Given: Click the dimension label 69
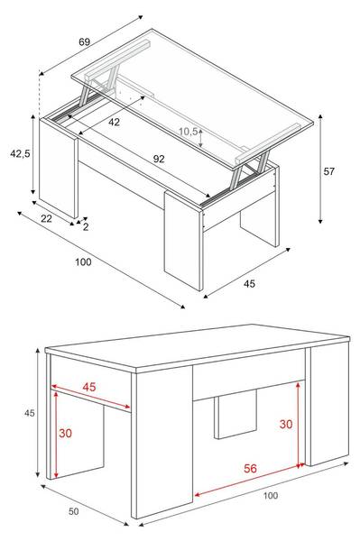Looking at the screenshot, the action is (x=84, y=41).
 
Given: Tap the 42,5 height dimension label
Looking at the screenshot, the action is (x=20, y=153).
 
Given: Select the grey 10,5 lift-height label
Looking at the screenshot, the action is (x=188, y=131).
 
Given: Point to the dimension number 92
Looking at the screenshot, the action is (x=159, y=159).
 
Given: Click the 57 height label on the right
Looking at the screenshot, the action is (x=329, y=171).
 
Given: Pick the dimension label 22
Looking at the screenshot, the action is (x=46, y=218).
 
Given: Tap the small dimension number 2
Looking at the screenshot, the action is (x=86, y=226).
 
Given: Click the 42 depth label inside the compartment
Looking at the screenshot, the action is (x=114, y=122).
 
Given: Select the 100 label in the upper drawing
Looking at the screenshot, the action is (x=84, y=261).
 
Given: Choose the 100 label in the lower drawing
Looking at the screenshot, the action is (x=271, y=495).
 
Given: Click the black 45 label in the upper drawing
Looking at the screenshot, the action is (x=249, y=284).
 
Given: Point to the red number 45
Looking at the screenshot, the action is (x=89, y=387).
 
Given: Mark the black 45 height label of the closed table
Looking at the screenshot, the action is (x=30, y=413).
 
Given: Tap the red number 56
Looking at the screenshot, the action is (x=250, y=468).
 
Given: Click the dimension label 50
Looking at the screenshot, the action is (x=73, y=511).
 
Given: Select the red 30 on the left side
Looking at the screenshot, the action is (x=65, y=433).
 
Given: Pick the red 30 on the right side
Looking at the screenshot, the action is (x=286, y=424).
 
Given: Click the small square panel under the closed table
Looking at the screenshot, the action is (x=235, y=415).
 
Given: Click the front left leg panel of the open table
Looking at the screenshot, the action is (x=59, y=169).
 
